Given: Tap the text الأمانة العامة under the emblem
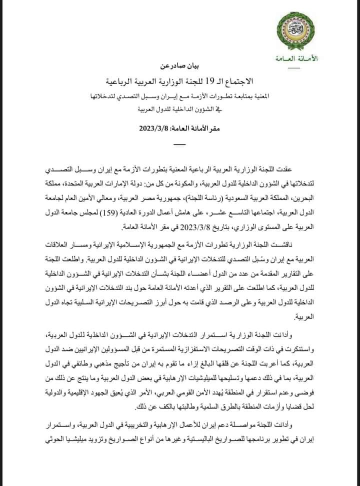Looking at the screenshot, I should (x=296, y=59).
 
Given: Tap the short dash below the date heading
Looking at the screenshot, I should (x=178, y=144).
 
